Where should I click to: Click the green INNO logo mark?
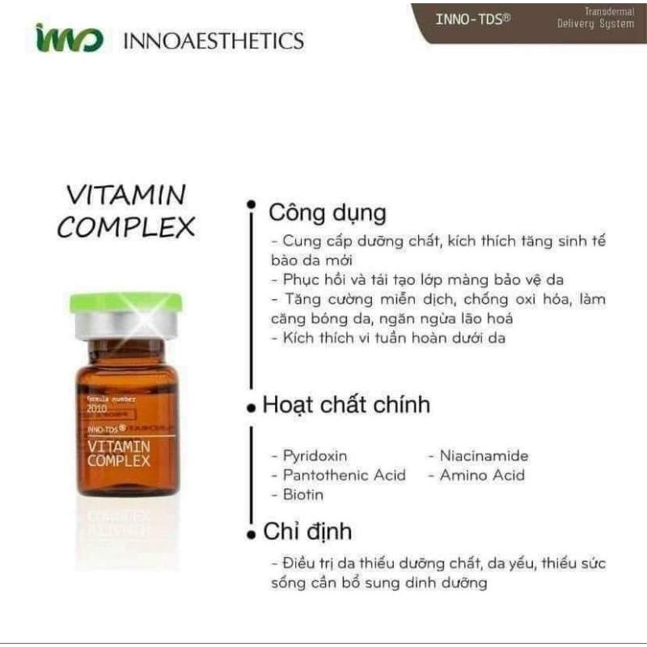click(69, 38)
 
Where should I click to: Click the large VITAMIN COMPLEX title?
click(125, 211)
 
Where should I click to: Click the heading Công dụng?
click(328, 214)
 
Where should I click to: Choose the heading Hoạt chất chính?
click(346, 404)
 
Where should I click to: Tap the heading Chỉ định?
click(307, 531)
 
